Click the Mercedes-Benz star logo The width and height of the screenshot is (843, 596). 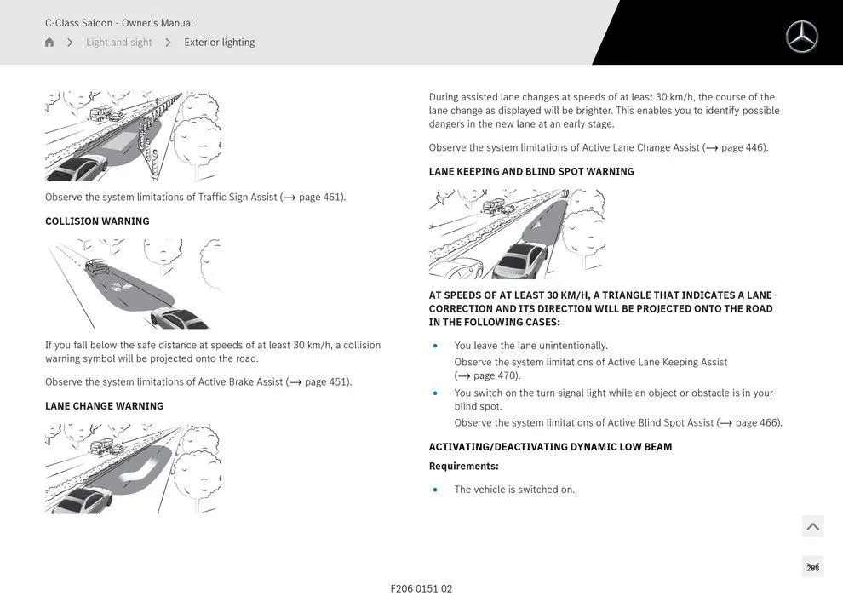point(801,37)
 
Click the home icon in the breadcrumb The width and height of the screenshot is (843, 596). point(49,43)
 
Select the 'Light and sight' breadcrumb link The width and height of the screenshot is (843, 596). point(118,43)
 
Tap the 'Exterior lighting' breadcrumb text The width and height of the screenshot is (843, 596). point(219,43)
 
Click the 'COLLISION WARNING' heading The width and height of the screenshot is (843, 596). point(97,221)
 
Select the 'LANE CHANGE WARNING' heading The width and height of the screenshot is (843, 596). point(104,406)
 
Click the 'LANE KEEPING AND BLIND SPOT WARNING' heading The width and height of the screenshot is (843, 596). point(531,171)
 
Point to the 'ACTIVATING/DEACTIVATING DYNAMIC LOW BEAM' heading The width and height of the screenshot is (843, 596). point(550,447)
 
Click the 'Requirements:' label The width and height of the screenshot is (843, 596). point(463,466)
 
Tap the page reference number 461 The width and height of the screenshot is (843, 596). point(332,197)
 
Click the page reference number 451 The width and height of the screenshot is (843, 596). point(339,381)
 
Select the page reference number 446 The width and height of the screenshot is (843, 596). point(754,147)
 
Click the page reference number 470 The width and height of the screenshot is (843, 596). point(507,375)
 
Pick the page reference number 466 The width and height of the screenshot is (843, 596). point(769,422)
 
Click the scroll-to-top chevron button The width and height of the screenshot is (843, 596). point(812,526)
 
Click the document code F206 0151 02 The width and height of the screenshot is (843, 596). point(421,588)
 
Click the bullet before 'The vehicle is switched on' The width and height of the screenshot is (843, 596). point(435,490)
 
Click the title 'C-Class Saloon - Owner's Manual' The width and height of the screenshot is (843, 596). point(119,23)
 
